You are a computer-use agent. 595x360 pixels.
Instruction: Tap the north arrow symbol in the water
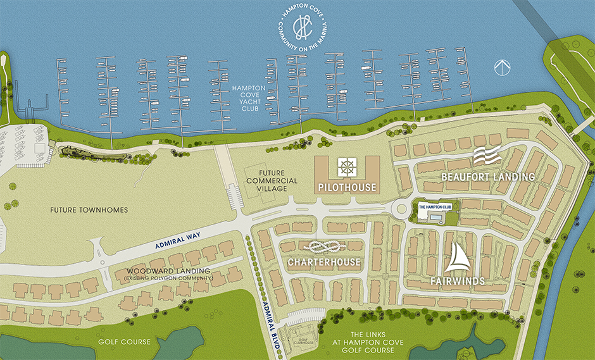(502, 66)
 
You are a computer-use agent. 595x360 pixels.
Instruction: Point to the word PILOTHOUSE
(348, 187)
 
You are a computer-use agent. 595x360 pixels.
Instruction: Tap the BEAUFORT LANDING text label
(488, 177)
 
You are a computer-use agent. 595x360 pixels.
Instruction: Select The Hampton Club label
(434, 206)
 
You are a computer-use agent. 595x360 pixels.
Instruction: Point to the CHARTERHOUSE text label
(323, 262)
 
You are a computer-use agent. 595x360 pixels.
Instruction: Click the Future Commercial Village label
(272, 180)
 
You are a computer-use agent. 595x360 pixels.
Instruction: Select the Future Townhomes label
(89, 209)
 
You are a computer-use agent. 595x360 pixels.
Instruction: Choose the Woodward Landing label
(168, 273)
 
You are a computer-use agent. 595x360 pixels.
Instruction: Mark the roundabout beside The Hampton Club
(401, 208)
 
